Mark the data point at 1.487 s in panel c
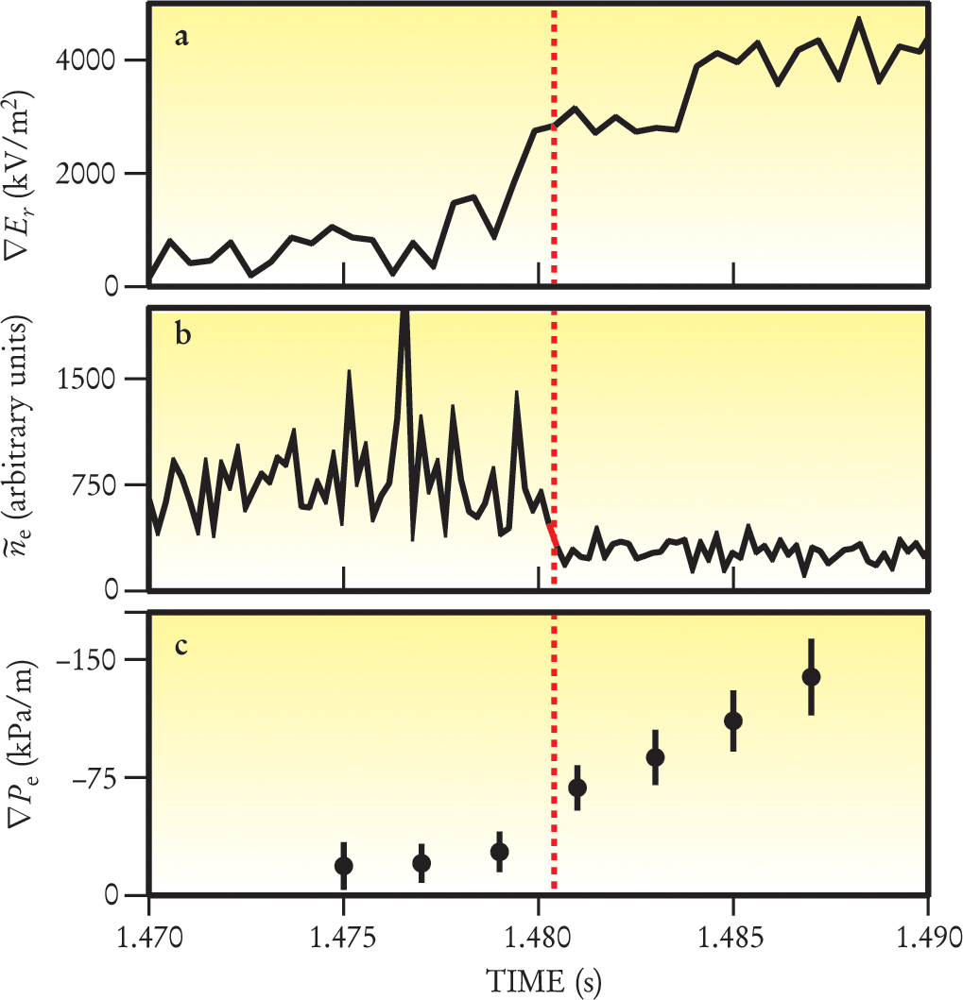click(x=811, y=676)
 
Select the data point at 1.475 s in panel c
click(x=344, y=866)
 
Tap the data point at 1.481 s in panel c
click(x=577, y=788)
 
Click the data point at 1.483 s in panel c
click(x=655, y=757)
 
